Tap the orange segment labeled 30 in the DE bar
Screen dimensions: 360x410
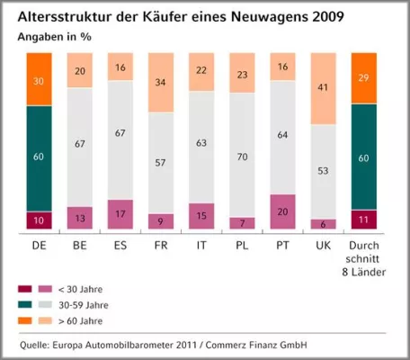39,79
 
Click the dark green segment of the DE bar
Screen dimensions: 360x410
39,157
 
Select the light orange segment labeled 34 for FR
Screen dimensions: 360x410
161,83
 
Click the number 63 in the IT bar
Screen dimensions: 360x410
201,141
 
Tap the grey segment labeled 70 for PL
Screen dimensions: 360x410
241,156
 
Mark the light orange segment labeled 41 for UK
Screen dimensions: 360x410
323,88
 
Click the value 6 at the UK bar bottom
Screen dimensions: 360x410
323,225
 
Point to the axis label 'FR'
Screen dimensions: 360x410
161,243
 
